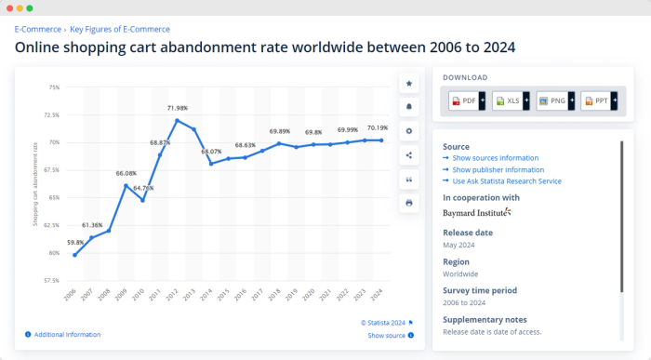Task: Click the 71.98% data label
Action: click(177, 109)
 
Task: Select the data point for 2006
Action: click(75, 255)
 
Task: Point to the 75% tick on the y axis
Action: click(54, 87)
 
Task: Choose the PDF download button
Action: click(467, 100)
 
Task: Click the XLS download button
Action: click(511, 100)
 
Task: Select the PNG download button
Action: click(555, 100)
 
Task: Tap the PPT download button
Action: click(600, 100)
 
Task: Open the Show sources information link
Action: click(496, 158)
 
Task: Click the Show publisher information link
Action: click(498, 169)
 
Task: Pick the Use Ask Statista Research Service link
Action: click(507, 180)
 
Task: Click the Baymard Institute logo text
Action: click(476, 213)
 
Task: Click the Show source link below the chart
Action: click(386, 335)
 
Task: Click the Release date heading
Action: click(468, 233)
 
